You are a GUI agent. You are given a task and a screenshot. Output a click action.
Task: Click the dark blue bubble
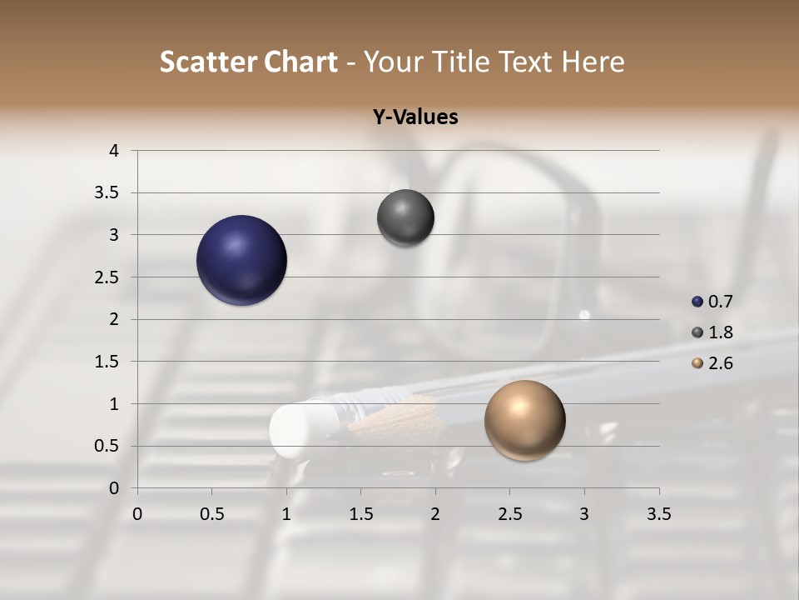point(241,260)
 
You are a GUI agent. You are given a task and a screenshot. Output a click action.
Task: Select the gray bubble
point(405,217)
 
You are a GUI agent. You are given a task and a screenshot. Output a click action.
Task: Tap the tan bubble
point(524,420)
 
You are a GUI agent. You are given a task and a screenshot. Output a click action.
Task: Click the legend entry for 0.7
point(715,301)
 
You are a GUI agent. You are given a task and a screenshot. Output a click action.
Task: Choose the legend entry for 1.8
point(715,332)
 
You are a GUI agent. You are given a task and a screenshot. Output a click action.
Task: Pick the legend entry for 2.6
point(715,362)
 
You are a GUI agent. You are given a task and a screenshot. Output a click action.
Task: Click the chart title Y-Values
point(414,117)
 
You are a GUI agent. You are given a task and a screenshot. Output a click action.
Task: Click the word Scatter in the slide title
point(208,62)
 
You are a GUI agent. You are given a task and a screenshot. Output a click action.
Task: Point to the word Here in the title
point(592,62)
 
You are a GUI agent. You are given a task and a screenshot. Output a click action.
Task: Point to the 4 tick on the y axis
point(113,150)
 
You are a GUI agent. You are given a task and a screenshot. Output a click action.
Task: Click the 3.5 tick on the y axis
point(107,192)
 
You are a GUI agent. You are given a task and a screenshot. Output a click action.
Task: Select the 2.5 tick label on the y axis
point(107,277)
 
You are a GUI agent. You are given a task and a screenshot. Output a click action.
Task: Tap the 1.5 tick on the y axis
point(107,362)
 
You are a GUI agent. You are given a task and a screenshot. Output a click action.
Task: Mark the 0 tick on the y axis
point(113,488)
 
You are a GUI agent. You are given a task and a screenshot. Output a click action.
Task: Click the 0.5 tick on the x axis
point(211,514)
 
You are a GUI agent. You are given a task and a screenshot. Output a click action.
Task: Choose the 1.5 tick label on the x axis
point(360,514)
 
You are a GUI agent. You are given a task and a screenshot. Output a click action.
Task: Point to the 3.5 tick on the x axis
point(658,514)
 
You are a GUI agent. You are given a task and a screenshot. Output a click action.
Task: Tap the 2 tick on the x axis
point(435,514)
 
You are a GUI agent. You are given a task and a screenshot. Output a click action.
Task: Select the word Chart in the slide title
point(302,62)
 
